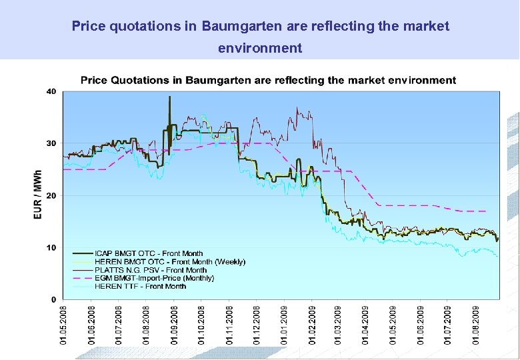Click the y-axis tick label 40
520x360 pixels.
point(51,91)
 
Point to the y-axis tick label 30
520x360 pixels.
point(51,143)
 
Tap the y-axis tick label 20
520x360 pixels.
point(51,195)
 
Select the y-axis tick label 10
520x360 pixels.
point(51,247)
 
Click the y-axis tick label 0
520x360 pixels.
point(53,299)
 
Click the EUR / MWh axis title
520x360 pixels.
point(38,195)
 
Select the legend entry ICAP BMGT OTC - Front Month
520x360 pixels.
point(149,253)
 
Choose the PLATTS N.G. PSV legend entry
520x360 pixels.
point(151,270)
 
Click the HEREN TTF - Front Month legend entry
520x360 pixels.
point(141,286)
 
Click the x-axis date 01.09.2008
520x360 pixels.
point(173,325)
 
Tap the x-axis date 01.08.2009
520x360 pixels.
point(476,325)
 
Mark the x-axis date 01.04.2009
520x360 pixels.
point(366,325)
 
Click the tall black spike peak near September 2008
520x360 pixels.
point(169,97)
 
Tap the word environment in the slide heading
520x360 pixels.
point(260,48)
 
